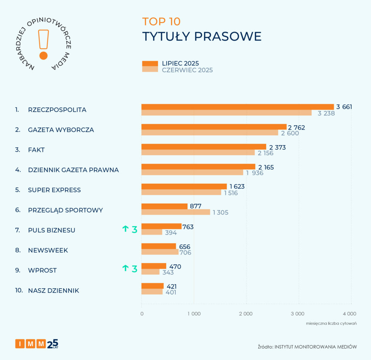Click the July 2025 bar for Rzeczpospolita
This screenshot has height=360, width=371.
click(237, 107)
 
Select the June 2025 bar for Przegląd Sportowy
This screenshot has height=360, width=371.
click(175, 212)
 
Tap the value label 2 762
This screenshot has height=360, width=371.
click(296, 127)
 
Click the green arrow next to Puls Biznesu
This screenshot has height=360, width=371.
click(125, 228)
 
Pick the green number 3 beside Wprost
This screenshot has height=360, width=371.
click(134, 269)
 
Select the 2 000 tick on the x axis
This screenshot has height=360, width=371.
click(246, 314)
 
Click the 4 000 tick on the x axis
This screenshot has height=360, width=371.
click(350, 314)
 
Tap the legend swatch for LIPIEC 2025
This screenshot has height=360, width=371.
click(150, 63)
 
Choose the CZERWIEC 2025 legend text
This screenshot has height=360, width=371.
click(187, 70)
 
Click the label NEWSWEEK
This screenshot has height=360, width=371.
click(48, 250)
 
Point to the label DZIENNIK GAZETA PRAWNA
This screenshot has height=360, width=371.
click(73, 170)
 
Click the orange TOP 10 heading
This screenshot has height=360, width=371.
click(161, 21)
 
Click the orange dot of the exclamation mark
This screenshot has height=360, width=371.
click(43, 55)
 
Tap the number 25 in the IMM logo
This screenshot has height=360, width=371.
click(53, 343)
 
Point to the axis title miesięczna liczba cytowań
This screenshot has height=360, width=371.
click(331, 323)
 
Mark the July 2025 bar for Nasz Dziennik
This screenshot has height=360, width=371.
click(153, 286)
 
